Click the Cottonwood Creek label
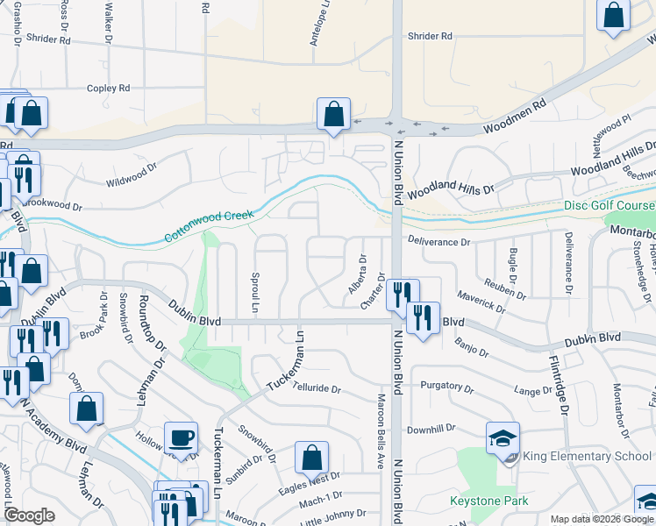208,226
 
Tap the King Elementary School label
587,456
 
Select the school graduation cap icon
503,437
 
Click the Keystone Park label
489,501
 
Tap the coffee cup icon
182,437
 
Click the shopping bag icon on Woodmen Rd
334,113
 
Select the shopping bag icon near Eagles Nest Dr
311,457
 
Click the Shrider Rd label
430,36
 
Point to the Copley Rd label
108,88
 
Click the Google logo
30,515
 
